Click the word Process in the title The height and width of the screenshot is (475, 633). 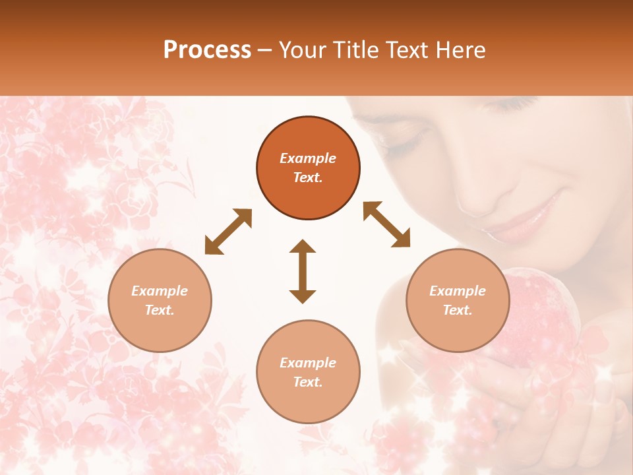click(207, 50)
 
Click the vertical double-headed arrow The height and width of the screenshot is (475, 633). click(303, 271)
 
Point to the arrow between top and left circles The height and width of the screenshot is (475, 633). click(228, 232)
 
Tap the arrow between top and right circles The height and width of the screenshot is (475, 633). click(387, 224)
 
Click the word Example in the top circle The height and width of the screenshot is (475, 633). click(308, 158)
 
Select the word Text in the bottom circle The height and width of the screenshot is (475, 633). click(307, 382)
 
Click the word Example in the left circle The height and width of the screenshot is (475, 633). click(160, 291)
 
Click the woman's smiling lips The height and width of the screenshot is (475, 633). click(527, 218)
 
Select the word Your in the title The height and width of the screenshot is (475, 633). click(301, 50)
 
